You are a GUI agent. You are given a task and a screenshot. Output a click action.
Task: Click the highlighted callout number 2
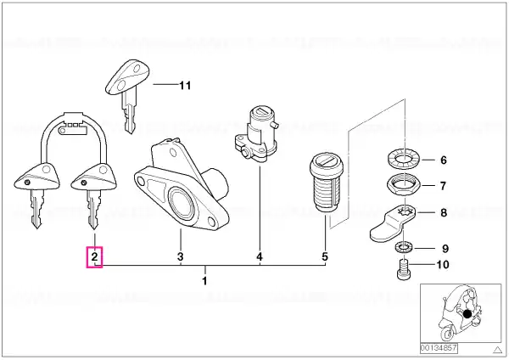[x=94, y=257]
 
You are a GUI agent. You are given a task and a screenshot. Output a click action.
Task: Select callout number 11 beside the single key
[x=185, y=86]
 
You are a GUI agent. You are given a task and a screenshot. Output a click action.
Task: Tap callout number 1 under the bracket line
[x=204, y=281]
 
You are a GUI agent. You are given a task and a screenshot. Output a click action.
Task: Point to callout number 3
[x=180, y=256]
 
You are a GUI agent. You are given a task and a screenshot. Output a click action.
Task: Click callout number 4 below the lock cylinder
[x=260, y=256]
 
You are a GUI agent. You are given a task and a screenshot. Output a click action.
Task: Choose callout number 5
[x=325, y=256]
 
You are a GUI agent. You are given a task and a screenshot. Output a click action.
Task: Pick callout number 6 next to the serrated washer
[x=444, y=160]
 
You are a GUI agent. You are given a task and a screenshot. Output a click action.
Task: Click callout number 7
[x=444, y=186]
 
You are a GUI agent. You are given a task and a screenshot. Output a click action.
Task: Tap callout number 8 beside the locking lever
[x=444, y=213]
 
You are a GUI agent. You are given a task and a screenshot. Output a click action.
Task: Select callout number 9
[x=445, y=249]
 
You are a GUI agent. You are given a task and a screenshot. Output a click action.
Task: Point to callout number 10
[x=443, y=264]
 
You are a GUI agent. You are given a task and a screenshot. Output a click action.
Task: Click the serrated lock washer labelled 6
[x=405, y=160]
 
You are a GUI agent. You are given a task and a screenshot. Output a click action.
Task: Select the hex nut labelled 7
[x=404, y=185]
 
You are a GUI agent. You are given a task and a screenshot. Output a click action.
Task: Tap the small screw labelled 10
[x=404, y=269]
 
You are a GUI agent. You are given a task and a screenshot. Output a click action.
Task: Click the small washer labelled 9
[x=404, y=248]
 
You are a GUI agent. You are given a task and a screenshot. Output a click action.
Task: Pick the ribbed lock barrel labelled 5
[x=325, y=183]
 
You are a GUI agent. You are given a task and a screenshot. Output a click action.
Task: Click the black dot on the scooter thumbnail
[x=467, y=314]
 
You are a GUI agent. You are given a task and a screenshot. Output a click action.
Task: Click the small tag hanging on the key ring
[x=73, y=130]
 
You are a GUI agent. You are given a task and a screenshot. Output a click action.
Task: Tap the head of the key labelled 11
[x=128, y=77]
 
